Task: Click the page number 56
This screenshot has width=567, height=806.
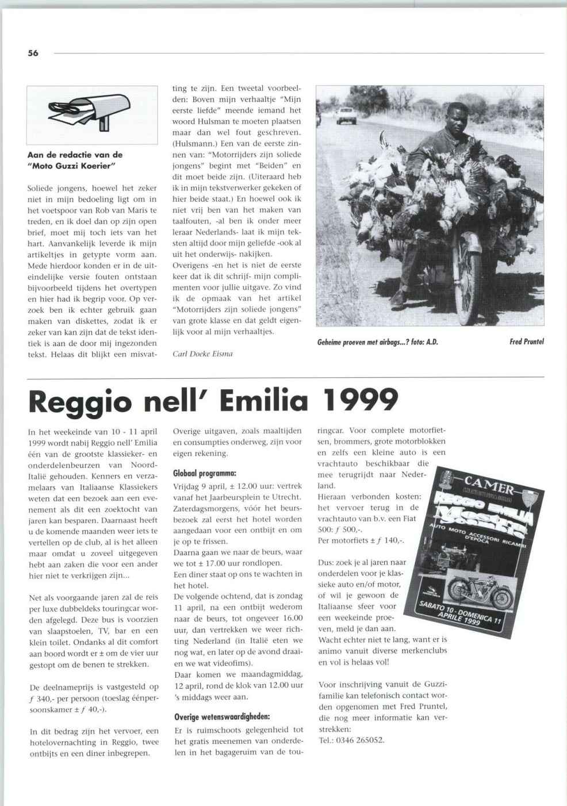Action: (33, 53)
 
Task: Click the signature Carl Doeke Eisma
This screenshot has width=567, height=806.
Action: (202, 354)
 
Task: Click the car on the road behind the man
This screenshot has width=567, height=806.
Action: (346, 115)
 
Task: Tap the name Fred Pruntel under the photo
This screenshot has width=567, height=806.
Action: (526, 342)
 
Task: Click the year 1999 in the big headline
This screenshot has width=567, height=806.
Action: (361, 401)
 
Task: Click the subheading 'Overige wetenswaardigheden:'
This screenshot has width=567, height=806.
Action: (222, 717)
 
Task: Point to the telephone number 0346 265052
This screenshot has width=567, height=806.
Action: (359, 740)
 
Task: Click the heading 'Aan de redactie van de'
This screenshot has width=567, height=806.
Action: (75, 155)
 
